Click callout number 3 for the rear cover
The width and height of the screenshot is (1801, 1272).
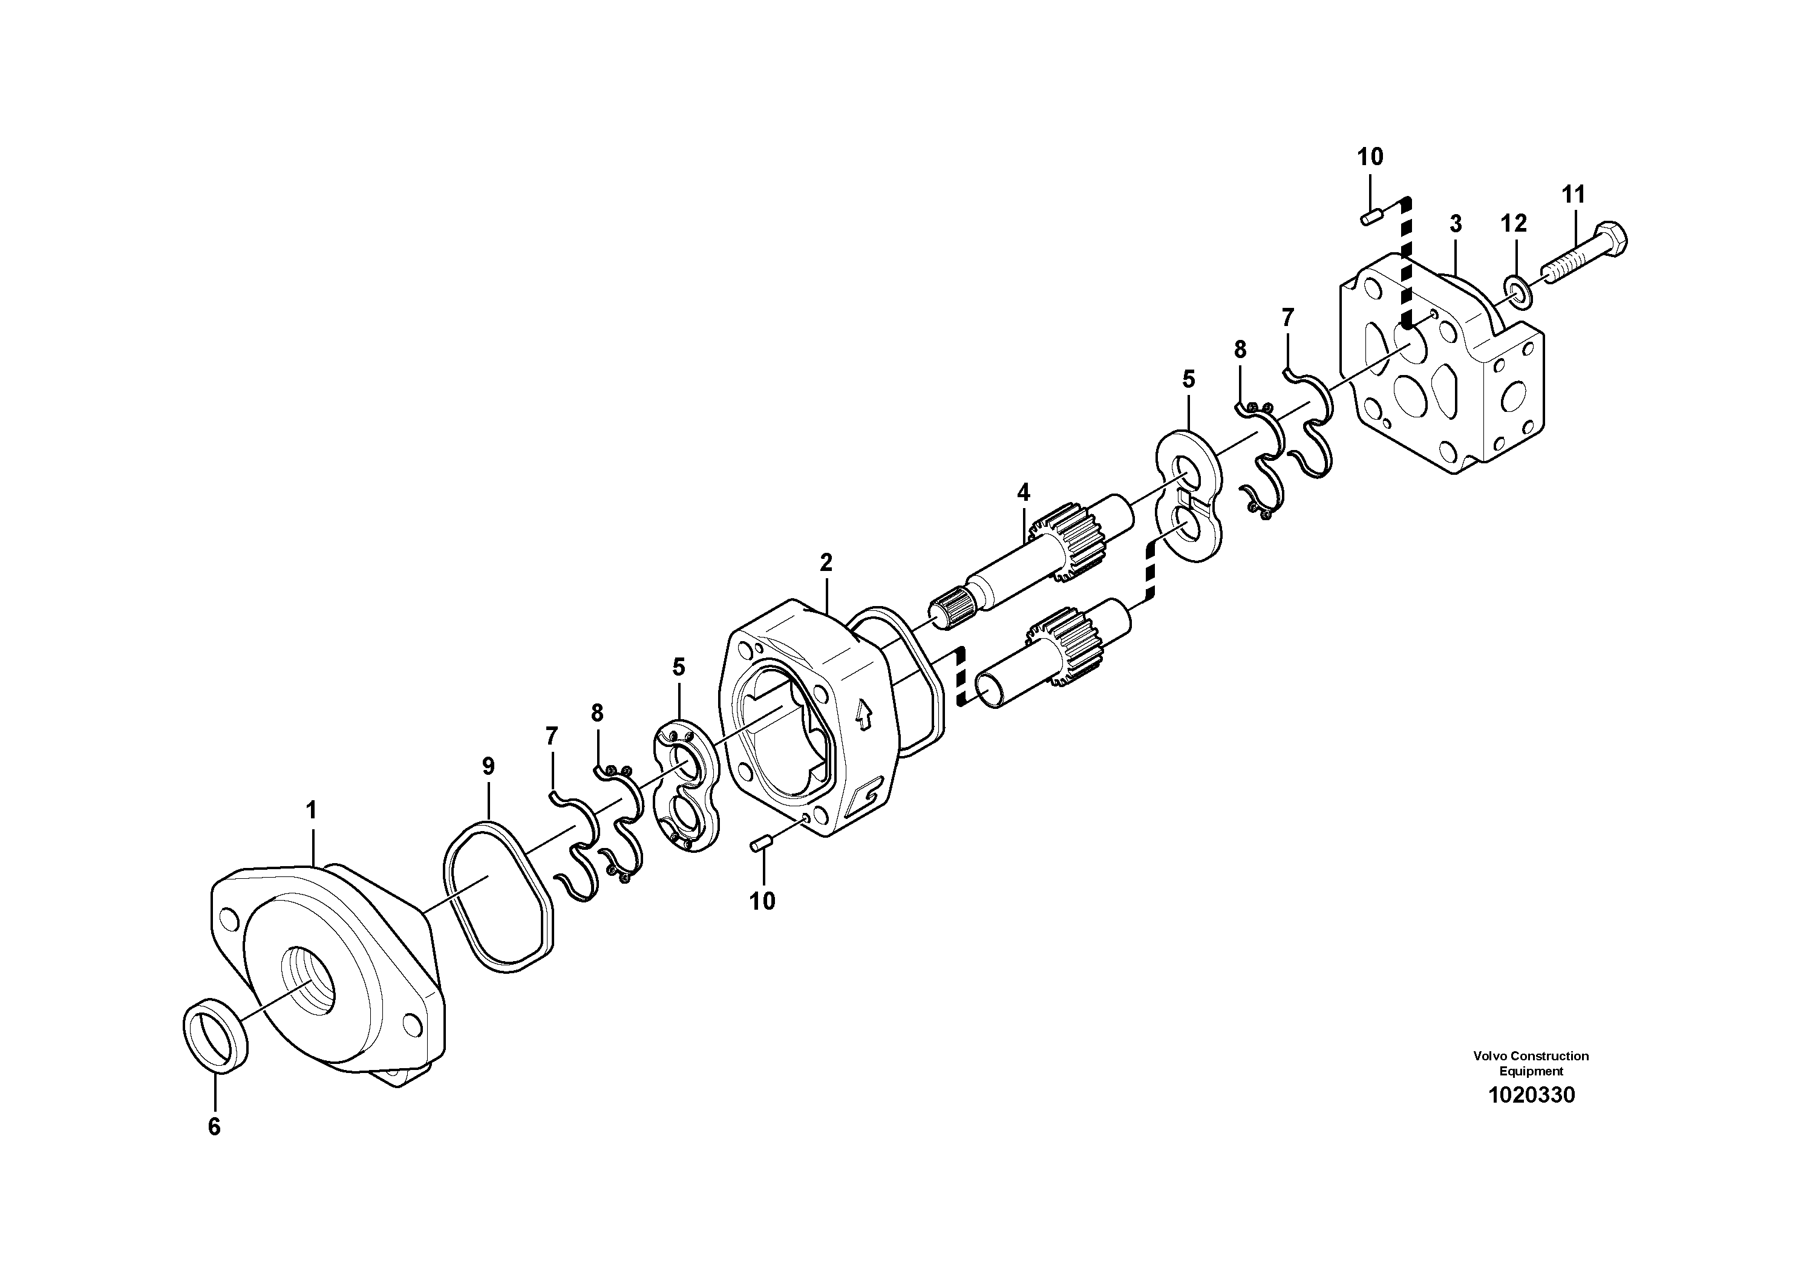click(x=1456, y=224)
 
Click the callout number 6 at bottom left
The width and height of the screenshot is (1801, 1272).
click(x=214, y=1127)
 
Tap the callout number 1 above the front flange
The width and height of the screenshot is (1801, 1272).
click(x=312, y=809)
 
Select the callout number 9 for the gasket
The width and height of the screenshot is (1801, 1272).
click(x=488, y=766)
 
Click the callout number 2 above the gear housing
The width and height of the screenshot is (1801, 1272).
click(x=826, y=563)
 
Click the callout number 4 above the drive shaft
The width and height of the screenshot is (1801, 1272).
click(x=1023, y=492)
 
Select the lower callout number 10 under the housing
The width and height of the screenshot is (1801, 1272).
click(x=762, y=902)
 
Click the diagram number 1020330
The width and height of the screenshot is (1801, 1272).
click(x=1531, y=1095)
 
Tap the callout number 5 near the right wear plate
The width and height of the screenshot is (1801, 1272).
click(x=1188, y=380)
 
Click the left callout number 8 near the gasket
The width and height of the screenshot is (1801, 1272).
click(x=597, y=713)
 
